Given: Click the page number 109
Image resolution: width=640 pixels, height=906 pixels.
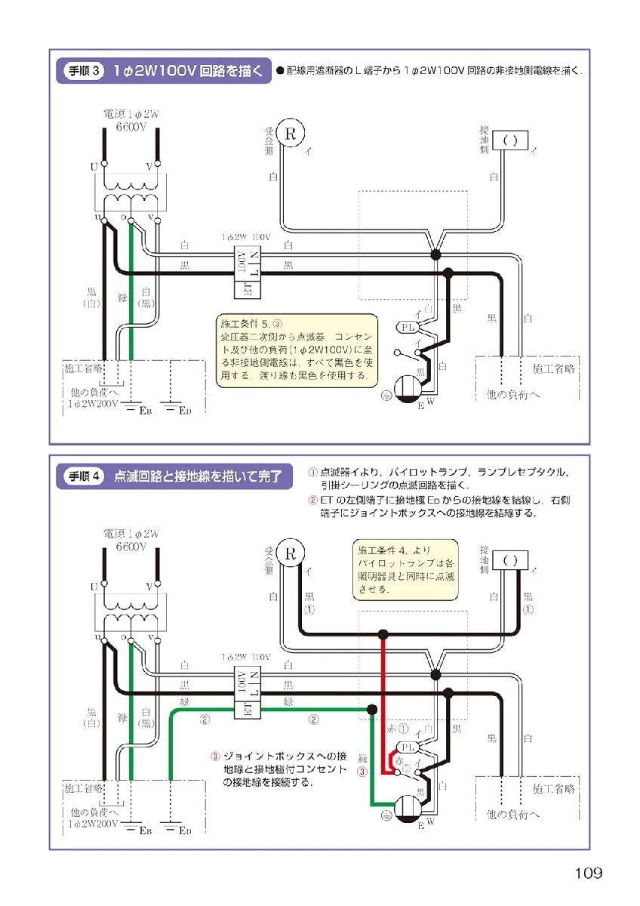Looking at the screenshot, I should (x=588, y=874).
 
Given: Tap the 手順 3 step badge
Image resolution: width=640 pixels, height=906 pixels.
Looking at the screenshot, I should (x=82, y=71).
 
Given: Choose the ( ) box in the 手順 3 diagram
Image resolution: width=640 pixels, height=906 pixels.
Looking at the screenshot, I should (x=510, y=140).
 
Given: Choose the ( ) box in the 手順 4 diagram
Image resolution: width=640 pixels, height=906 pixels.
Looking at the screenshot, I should (x=510, y=560).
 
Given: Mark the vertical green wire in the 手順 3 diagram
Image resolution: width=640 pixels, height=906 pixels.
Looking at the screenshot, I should (x=131, y=302).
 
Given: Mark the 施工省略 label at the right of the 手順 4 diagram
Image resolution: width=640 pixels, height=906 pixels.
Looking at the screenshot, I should (x=553, y=788).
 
